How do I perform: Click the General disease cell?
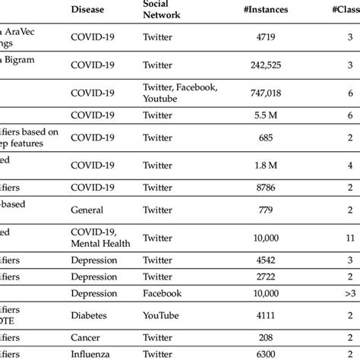pyautogui.click(x=87, y=209)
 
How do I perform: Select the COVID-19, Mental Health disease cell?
pyautogui.click(x=99, y=238)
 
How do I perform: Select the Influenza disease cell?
pyautogui.click(x=90, y=353)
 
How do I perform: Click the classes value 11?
pyautogui.click(x=349, y=238)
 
